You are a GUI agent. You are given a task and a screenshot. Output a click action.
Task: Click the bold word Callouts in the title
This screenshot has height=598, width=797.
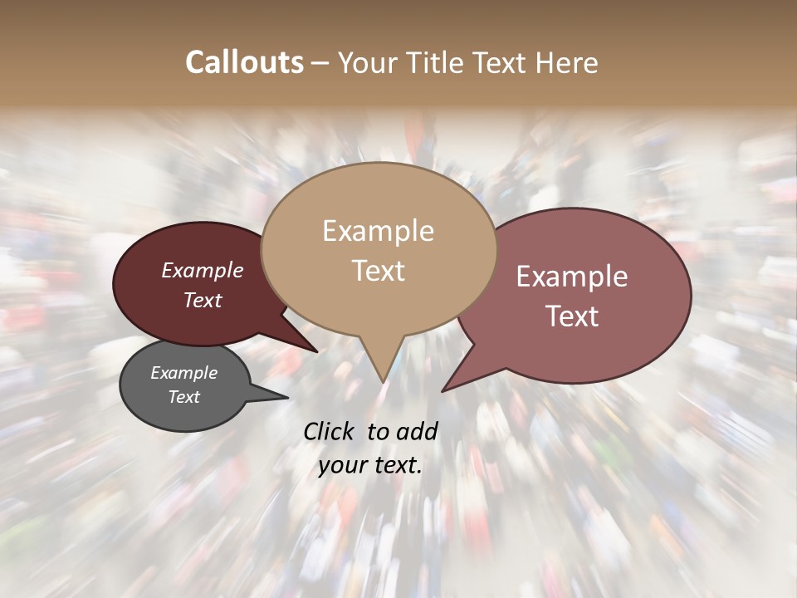[x=244, y=62]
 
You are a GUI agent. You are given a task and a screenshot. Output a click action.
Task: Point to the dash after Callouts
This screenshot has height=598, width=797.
[x=320, y=63]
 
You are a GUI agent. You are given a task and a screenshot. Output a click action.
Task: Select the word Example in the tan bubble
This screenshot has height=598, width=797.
[x=378, y=231]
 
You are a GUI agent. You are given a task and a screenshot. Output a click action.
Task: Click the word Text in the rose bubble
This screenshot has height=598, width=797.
[x=572, y=316]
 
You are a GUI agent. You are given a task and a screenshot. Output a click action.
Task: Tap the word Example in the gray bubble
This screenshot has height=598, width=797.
[x=184, y=374]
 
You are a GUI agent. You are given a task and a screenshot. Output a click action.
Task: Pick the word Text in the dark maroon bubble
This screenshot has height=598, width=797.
[x=203, y=301]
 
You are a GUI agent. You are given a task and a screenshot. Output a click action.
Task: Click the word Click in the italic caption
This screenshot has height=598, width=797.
[x=330, y=431]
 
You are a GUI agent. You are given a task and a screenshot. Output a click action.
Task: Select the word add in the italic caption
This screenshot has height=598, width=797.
[x=417, y=431]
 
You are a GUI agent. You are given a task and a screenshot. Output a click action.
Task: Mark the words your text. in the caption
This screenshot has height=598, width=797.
[x=369, y=466]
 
